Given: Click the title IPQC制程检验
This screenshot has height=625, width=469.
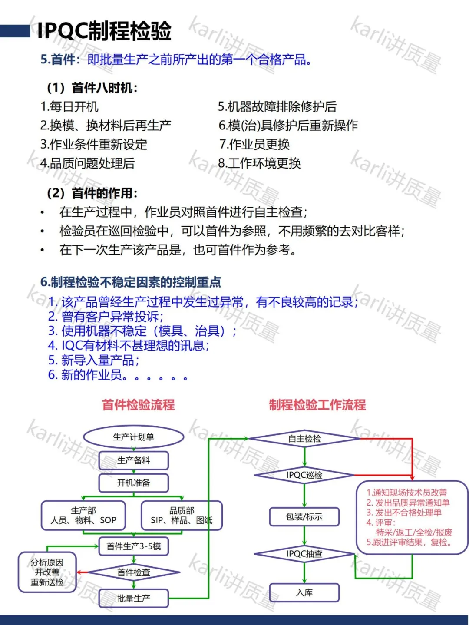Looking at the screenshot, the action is click(104, 31).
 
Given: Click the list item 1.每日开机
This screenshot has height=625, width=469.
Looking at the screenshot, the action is click(69, 106).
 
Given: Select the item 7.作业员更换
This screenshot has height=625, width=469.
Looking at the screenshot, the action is click(254, 144).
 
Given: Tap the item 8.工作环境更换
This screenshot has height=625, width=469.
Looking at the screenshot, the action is click(259, 163).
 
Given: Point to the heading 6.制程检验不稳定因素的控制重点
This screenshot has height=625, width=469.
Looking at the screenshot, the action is click(131, 282).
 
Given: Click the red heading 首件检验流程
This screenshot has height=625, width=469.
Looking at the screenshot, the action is click(138, 405).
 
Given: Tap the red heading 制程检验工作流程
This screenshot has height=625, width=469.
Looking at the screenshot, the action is click(317, 405).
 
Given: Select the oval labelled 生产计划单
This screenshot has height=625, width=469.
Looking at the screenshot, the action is click(133, 437).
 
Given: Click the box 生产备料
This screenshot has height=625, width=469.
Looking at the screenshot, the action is click(133, 460).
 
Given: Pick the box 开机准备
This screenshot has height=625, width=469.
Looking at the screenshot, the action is click(133, 483).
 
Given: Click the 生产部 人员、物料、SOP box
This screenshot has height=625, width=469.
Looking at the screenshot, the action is click(83, 516).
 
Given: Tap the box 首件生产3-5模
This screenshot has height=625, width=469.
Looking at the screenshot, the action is click(133, 546).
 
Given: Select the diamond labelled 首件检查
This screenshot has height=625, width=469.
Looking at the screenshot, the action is click(133, 572).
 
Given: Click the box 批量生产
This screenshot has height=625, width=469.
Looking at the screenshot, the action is click(133, 598).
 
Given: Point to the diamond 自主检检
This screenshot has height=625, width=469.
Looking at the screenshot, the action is click(304, 439).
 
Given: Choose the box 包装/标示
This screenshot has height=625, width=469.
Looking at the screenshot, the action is click(304, 517).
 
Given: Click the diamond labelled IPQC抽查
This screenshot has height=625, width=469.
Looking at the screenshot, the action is click(304, 554).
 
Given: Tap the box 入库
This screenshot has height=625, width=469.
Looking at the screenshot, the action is click(304, 593).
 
